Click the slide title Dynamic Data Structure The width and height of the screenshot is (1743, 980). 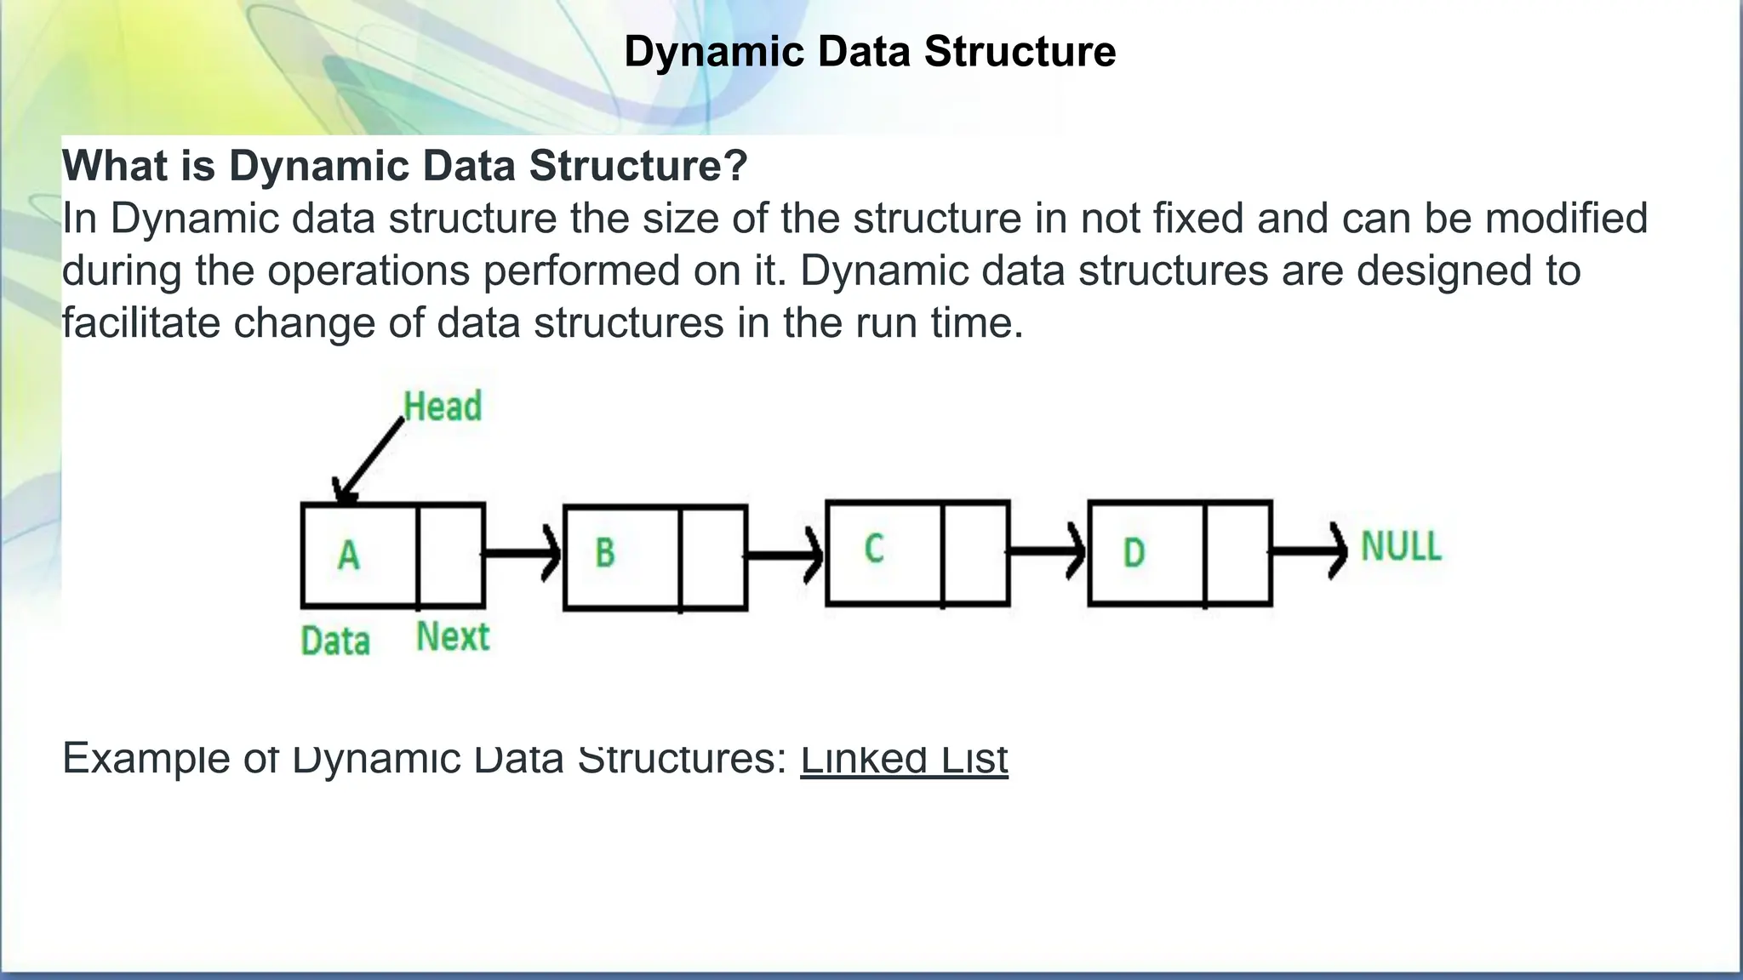869,52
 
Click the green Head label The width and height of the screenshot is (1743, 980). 443,407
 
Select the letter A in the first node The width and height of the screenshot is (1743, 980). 349,556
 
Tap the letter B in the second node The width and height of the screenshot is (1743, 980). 605,553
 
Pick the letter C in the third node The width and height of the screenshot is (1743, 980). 874,549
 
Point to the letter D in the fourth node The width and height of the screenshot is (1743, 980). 1134,554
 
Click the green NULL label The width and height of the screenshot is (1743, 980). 1401,546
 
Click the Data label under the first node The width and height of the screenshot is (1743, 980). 335,641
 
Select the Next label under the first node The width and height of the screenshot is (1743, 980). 453,637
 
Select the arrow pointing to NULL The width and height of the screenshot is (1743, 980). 1309,551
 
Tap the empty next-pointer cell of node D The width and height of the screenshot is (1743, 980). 1238,554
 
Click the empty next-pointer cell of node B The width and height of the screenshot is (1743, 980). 713,558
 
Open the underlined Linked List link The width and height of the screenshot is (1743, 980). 904,759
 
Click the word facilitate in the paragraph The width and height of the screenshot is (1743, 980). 140,323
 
